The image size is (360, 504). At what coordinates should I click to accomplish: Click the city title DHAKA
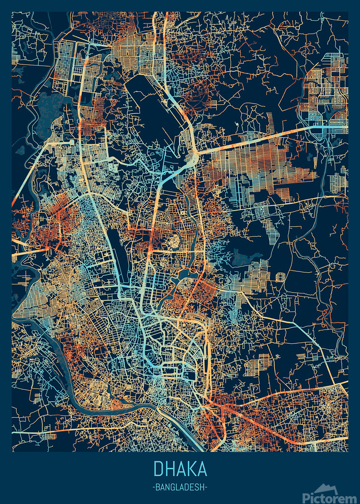[180, 469]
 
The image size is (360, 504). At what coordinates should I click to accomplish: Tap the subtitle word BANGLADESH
[180, 487]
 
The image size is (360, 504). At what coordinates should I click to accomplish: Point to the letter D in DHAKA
[157, 469]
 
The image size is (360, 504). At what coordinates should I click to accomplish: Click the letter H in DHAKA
[169, 469]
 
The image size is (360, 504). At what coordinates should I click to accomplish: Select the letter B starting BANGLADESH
[158, 487]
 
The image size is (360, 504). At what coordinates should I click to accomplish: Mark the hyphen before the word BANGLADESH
[153, 487]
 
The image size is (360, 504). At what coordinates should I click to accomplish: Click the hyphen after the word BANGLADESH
[206, 487]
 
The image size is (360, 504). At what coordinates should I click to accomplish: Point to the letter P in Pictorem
[306, 497]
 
